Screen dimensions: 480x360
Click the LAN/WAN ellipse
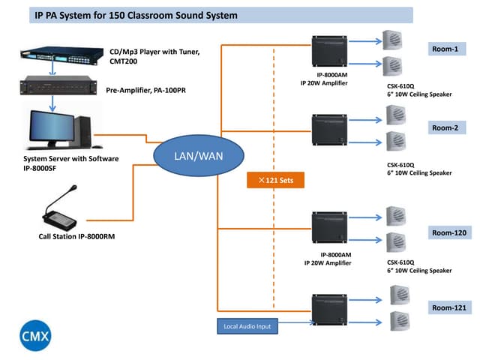point(199,155)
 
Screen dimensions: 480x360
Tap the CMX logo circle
point(35,335)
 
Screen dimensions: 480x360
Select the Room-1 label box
point(447,49)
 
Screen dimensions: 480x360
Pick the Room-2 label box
point(447,127)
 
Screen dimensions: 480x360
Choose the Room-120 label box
point(449,232)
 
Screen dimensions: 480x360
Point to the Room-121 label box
point(449,307)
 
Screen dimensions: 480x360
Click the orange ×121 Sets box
point(275,180)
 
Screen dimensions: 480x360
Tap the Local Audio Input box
point(247,326)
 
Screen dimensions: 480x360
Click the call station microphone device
point(60,208)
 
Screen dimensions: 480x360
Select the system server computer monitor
point(52,128)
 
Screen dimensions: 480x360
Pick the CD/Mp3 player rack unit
point(61,55)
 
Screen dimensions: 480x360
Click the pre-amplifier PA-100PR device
point(58,85)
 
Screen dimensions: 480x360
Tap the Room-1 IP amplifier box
point(329,51)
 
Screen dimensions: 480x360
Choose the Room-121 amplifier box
point(329,310)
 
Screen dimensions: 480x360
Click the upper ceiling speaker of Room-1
point(392,40)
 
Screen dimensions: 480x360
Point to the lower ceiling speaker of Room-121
point(400,321)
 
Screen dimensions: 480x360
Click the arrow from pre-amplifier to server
point(52,103)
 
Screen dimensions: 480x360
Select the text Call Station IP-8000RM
point(76,236)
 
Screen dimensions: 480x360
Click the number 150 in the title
point(116,15)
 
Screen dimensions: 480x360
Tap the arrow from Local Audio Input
point(297,322)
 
